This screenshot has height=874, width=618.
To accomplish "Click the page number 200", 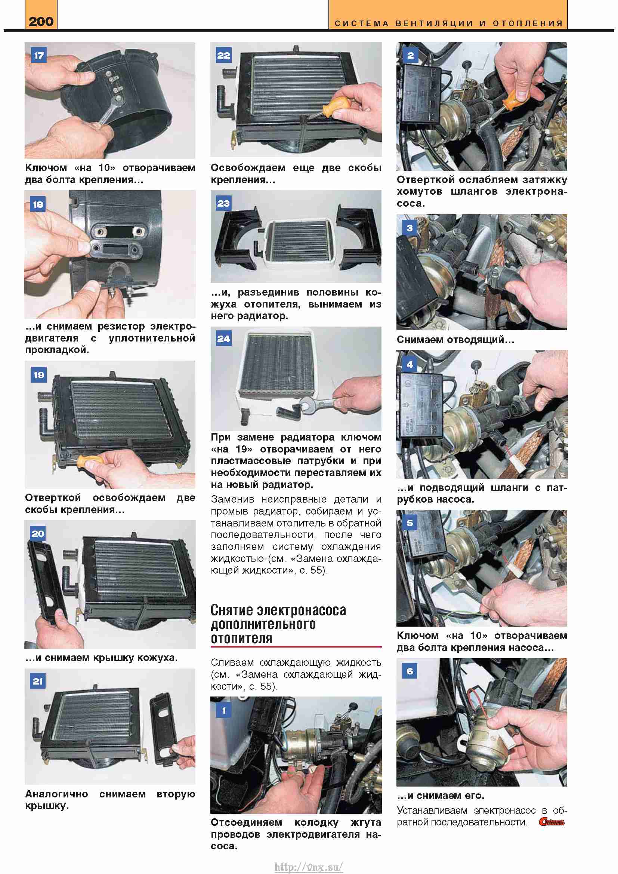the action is coord(41,21).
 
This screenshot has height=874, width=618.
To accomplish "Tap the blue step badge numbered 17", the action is coord(38,56).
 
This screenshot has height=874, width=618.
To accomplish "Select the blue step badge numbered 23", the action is coord(223,203).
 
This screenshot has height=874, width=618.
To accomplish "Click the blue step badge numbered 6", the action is coord(410,671).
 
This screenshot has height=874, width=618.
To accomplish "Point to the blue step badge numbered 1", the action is coord(224,710).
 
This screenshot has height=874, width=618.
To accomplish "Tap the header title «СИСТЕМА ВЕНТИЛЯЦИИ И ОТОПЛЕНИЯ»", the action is coord(449,24).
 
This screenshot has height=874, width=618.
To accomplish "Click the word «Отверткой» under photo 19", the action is coord(53,497).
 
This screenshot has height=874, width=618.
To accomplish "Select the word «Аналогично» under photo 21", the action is coord(56,794).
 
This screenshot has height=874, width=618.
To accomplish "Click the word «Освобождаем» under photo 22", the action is coord(248,168).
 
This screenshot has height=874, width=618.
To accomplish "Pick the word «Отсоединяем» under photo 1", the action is coord(247,822).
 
